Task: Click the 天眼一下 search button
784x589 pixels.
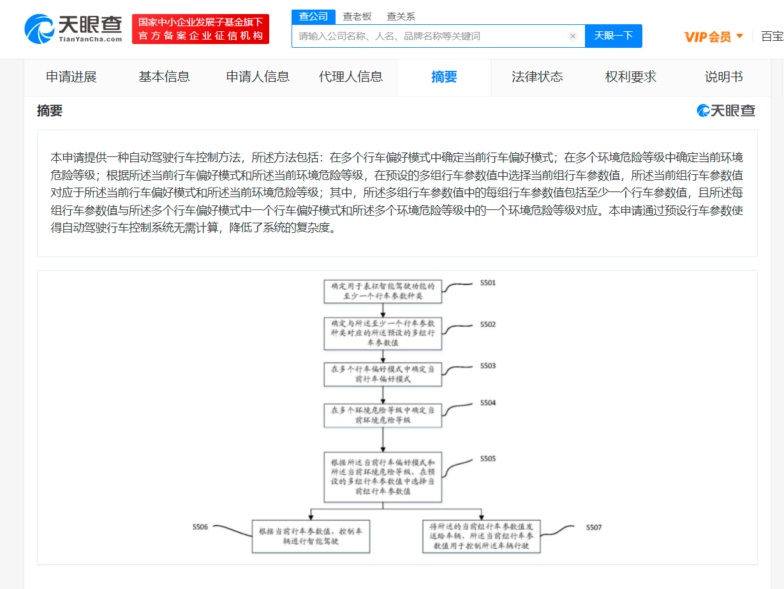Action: tap(613, 36)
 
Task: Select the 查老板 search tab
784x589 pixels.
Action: tap(357, 17)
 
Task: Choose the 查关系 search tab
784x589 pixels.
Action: tap(401, 17)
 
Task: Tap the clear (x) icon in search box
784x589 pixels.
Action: tap(573, 36)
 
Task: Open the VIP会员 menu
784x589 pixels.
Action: tap(713, 36)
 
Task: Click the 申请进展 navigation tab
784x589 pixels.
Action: tap(71, 77)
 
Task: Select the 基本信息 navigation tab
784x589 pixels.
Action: tap(164, 77)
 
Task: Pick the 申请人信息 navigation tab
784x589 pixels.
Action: tap(258, 77)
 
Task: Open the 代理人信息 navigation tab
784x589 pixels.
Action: tap(351, 77)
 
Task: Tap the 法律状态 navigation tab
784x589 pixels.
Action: tap(537, 77)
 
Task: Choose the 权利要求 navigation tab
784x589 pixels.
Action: tap(630, 77)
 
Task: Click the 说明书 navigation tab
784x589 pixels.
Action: tap(723, 77)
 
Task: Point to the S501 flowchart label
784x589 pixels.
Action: tap(488, 283)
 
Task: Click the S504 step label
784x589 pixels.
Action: tap(488, 403)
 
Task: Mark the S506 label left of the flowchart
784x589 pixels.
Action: tap(200, 527)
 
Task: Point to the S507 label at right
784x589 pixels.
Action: tap(594, 527)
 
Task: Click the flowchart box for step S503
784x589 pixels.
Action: tap(383, 375)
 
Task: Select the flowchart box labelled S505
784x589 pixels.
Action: tap(383, 477)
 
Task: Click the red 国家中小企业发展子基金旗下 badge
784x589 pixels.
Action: tap(200, 29)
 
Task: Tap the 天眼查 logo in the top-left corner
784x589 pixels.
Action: tap(73, 29)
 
